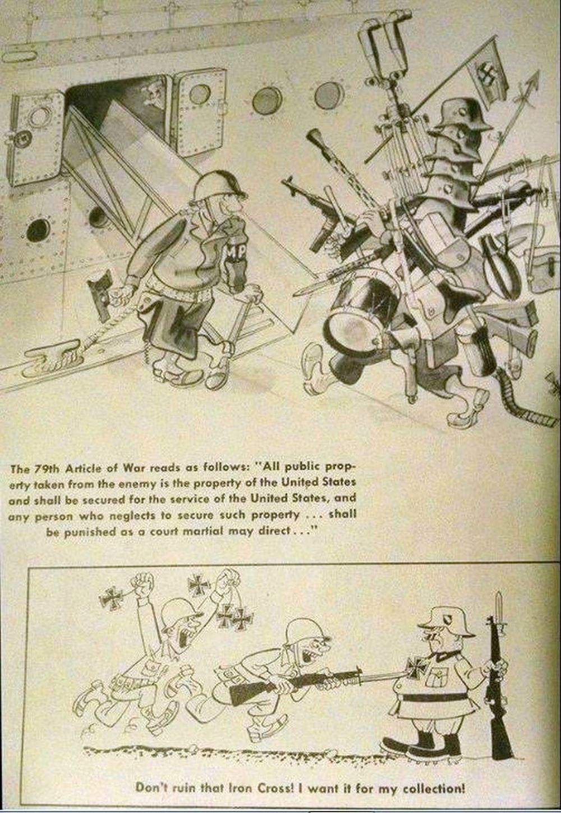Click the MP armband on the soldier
coord(234,254)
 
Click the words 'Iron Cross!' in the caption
coord(260,788)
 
